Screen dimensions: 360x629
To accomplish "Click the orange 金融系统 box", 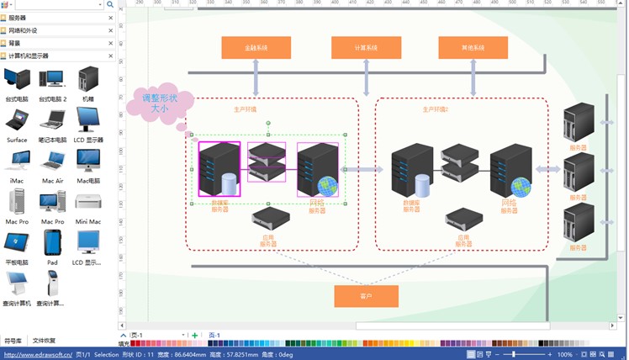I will [256, 48].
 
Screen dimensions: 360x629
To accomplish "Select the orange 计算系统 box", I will [366, 48].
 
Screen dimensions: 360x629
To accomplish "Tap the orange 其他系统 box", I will [473, 48].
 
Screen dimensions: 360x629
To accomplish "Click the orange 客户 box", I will [366, 296].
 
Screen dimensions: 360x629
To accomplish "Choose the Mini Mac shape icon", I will [88, 201].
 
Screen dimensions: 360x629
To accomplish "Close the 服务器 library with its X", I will [110, 18].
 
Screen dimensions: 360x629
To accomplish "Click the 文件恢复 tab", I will [44, 341].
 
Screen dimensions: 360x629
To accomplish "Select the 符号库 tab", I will [13, 341].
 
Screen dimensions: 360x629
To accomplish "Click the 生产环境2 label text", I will [435, 109].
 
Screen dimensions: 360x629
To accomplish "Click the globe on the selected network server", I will [330, 186].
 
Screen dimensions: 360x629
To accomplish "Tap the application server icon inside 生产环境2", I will [463, 220].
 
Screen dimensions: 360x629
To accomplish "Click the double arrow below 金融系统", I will [256, 77].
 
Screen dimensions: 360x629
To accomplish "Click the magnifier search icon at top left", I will [110, 4].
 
